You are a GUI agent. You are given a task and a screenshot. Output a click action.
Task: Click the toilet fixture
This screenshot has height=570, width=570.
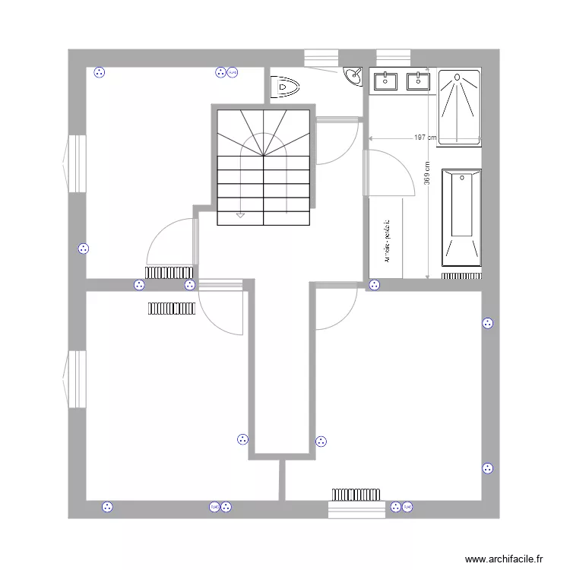tap(284, 87)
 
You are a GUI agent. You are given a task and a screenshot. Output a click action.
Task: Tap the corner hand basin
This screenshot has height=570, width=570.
tap(353, 76)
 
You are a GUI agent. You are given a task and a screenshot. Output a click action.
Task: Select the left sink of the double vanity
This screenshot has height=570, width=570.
tap(387, 80)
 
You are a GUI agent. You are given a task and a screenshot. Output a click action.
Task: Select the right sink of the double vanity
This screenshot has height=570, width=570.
tap(417, 80)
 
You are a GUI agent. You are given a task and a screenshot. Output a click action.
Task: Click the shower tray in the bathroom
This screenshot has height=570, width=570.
tap(459, 107)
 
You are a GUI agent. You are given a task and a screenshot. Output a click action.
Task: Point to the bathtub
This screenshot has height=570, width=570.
tap(461, 216)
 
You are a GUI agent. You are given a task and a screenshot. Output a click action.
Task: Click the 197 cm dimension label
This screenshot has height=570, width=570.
tap(426, 138)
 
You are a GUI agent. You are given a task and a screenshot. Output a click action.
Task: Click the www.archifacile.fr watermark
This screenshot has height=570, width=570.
tap(505, 558)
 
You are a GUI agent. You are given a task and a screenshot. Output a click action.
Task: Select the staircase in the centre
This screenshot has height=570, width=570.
tap(264, 167)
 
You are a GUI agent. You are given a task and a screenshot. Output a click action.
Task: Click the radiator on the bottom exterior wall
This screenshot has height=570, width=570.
tap(354, 494)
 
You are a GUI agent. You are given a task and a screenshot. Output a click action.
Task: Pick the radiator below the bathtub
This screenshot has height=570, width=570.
tap(461, 274)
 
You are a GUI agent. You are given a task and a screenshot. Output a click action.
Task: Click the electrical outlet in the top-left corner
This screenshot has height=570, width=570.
tap(99, 73)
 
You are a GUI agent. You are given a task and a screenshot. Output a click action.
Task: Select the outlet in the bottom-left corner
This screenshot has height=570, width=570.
tap(106, 506)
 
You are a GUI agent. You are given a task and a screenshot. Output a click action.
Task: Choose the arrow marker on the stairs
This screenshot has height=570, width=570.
tap(241, 215)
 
